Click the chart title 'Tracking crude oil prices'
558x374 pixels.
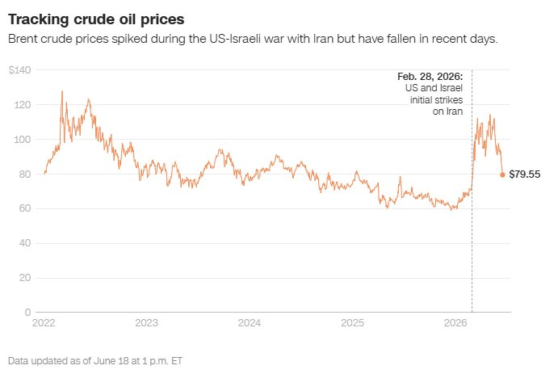[x=96, y=19]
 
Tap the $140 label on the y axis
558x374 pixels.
[x=20, y=70]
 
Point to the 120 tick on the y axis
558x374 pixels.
[x=23, y=105]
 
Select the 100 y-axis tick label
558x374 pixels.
[x=23, y=140]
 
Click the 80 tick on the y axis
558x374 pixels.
[x=24, y=174]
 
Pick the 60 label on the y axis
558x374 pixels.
[x=24, y=208]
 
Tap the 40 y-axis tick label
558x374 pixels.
[x=24, y=242]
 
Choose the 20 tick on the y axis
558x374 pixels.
[x=25, y=278]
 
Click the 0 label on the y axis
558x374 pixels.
[x=27, y=312]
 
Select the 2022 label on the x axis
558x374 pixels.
[x=44, y=323]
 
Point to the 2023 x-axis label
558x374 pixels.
[x=147, y=323]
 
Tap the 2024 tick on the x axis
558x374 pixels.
[x=250, y=323]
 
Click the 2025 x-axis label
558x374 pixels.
[x=352, y=323]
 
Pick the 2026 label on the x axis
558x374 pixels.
[x=455, y=323]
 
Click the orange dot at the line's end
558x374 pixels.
[x=502, y=174]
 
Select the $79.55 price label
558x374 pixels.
[x=525, y=174]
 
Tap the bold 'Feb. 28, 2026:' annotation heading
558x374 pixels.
[x=430, y=77]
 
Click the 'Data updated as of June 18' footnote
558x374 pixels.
[x=95, y=361]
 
